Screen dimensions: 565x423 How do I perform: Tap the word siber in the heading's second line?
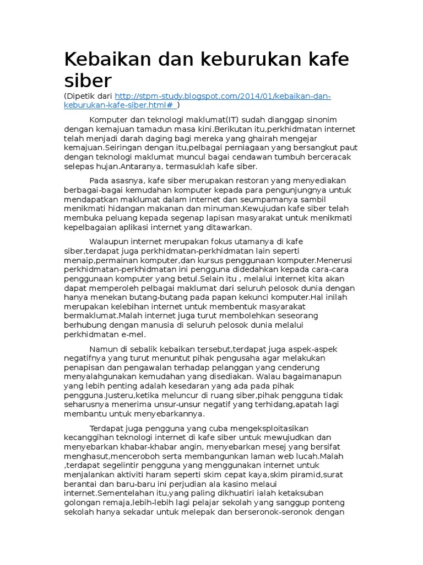tap(88, 81)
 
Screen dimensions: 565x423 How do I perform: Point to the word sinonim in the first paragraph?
tap(321, 120)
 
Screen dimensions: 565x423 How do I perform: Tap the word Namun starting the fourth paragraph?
tap(103, 349)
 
